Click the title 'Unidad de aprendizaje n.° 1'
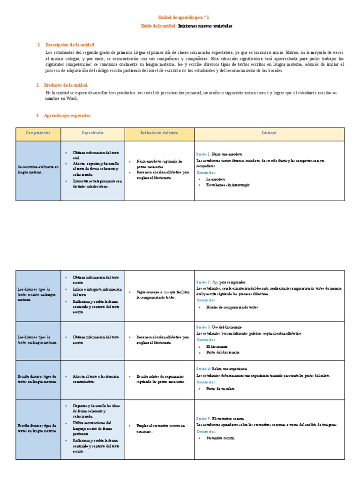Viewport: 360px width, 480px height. [180, 17]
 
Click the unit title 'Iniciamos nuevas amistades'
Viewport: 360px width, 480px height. [205, 26]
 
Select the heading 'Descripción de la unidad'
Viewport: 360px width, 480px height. [68, 45]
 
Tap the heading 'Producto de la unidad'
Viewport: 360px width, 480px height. [66, 85]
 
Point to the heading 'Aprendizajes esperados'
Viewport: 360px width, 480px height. [67, 115]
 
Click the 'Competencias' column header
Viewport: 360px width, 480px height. [38, 133]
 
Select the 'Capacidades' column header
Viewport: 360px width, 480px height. [92, 133]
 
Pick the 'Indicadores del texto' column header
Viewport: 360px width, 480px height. [159, 133]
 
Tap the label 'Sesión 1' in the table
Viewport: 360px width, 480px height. [203, 154]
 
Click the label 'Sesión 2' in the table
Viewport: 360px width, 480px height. [203, 283]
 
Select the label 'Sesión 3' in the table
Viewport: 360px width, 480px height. [203, 326]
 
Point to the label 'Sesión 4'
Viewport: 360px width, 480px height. [203, 369]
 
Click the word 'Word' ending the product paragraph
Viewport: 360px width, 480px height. [72, 98]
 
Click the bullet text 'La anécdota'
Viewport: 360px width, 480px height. [216, 179]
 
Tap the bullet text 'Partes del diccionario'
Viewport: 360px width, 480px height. [223, 352]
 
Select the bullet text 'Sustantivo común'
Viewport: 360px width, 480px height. [220, 438]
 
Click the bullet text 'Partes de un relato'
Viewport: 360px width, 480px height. [220, 389]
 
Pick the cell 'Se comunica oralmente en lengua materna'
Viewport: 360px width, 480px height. [38, 169]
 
